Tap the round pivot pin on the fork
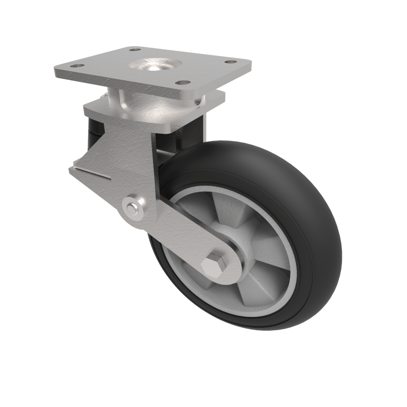click(x=133, y=208)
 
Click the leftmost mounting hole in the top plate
click(x=76, y=66)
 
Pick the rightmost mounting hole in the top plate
click(x=230, y=62)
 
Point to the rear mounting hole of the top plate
click(x=135, y=50)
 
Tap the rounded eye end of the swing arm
click(x=231, y=265)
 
